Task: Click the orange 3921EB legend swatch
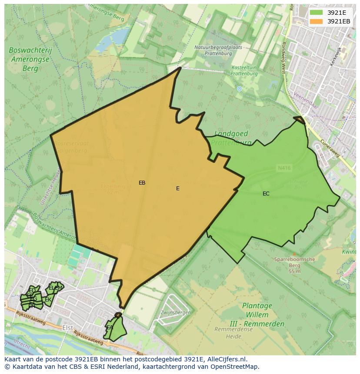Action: [316, 21]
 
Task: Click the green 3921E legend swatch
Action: [316, 12]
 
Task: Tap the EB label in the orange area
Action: [142, 183]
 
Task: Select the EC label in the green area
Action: [266, 194]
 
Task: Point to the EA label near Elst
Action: [110, 328]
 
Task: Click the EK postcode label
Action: [48, 300]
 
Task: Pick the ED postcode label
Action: [32, 291]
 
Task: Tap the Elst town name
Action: [68, 328]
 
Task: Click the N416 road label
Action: [284, 167]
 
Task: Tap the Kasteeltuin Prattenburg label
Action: [244, 71]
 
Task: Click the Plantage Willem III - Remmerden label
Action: [257, 314]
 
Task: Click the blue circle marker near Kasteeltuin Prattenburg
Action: [239, 89]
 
